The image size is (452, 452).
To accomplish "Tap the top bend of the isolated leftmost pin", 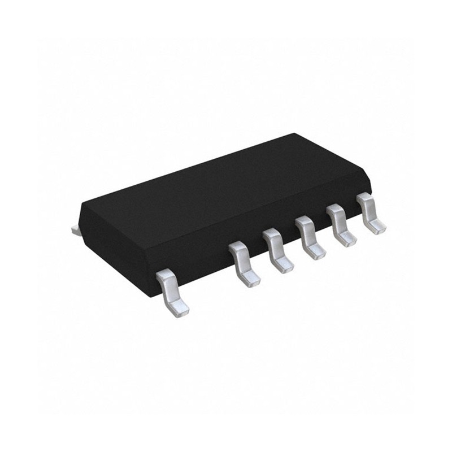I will (x=166, y=277).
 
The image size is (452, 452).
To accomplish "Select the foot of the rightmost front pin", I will (x=377, y=227).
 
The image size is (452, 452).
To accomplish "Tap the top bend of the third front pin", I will (x=272, y=234).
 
